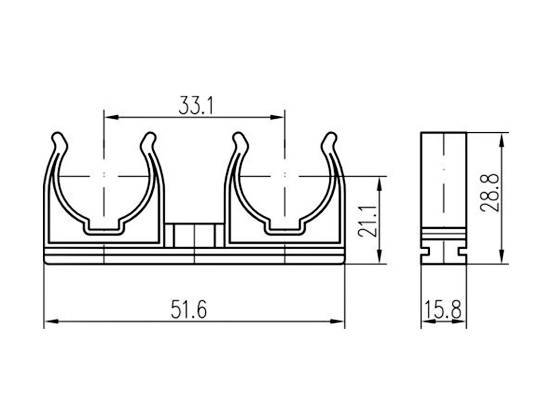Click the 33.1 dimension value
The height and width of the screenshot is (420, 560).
tap(196, 105)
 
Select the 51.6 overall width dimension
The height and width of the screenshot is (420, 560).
tap(189, 309)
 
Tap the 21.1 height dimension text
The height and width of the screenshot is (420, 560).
tap(368, 221)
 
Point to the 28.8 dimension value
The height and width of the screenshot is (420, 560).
tap(490, 193)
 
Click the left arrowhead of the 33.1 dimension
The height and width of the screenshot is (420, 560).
tap(111, 117)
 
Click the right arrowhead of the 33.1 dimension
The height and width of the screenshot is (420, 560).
tap(277, 117)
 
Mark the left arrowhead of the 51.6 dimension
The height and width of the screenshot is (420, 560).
tap(51, 321)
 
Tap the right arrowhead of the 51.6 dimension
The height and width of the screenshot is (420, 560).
tap(337, 321)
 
